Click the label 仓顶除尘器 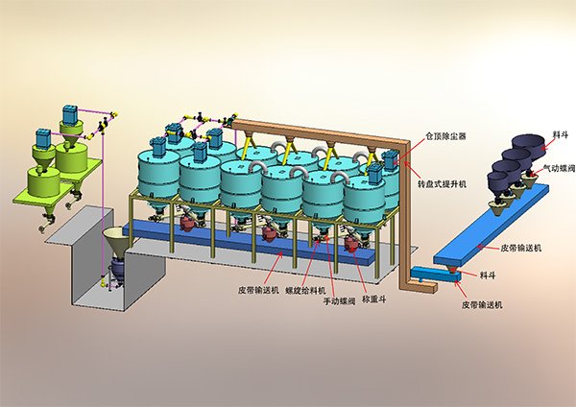coord(445,136)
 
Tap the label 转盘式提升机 coord(442,183)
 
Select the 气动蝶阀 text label coord(559,168)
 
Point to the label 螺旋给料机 coord(305,290)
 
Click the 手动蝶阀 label coord(339,301)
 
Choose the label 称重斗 coord(374,299)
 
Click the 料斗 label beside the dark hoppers coord(560,134)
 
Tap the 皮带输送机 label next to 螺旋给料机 coord(258,290)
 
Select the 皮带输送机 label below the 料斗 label coord(482,304)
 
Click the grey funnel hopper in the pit coord(116,243)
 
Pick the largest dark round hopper coord(530,147)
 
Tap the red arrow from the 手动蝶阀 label coord(330,267)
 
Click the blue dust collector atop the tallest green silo coord(69,114)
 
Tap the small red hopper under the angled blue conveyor coord(452,269)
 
